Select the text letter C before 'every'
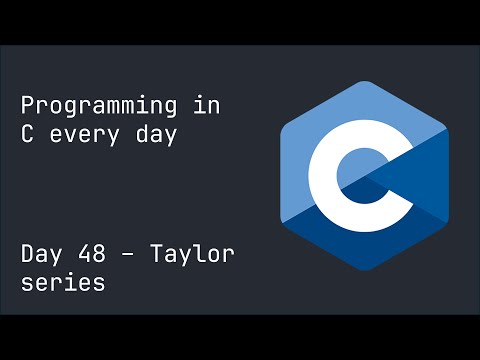coord(29,135)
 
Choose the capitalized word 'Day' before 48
coord(44,254)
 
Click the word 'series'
coord(63,283)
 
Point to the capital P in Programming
coord(29,106)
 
